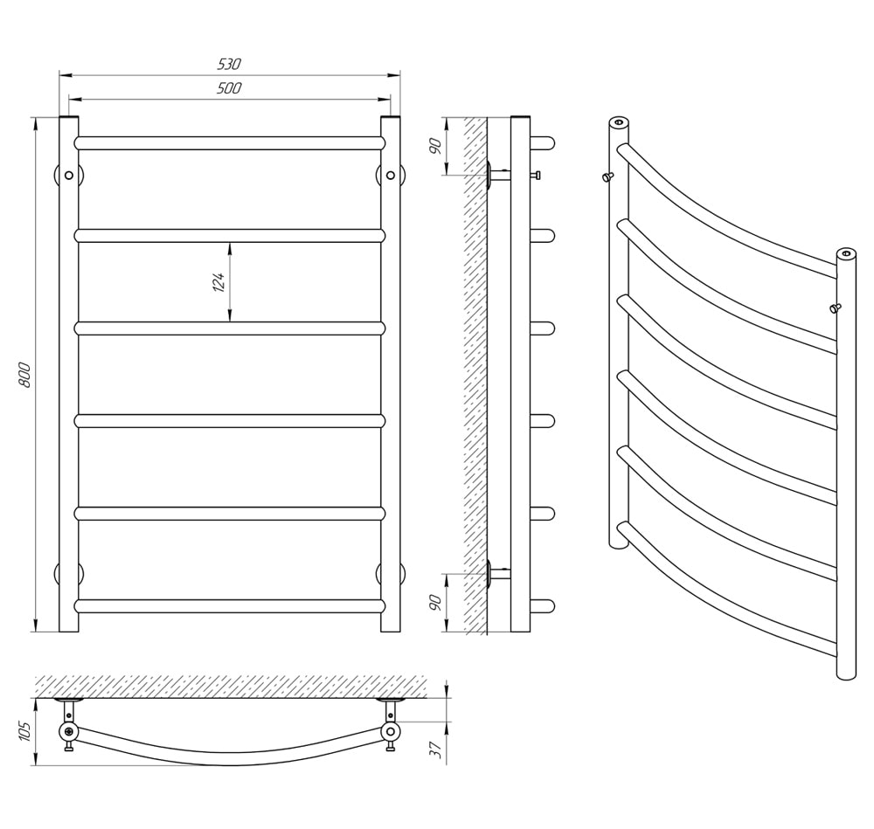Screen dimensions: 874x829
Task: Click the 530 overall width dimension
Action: [229, 64]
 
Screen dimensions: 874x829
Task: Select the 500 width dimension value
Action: [229, 88]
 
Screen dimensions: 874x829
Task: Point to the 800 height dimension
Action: [25, 375]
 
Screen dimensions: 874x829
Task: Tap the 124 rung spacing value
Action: [218, 282]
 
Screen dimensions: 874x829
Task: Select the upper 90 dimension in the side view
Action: [436, 145]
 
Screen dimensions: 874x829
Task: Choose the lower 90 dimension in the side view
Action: [436, 602]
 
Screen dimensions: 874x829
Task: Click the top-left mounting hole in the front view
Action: [68, 175]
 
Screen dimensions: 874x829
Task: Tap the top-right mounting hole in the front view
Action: [391, 175]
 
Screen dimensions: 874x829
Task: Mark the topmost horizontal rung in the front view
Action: [229, 143]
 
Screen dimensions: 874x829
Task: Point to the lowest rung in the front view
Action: [229, 606]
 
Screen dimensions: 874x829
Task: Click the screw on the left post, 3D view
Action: [607, 177]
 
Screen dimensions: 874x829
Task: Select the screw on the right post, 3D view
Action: [835, 307]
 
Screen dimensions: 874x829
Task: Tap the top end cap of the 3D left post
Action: [618, 122]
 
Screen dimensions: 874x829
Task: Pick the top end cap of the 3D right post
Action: [846, 253]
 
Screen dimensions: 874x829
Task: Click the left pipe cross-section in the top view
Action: [68, 731]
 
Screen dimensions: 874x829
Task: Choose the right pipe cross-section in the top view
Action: [391, 731]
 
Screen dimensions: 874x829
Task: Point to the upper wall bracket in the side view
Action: [498, 175]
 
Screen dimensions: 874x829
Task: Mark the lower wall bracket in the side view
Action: [498, 574]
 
